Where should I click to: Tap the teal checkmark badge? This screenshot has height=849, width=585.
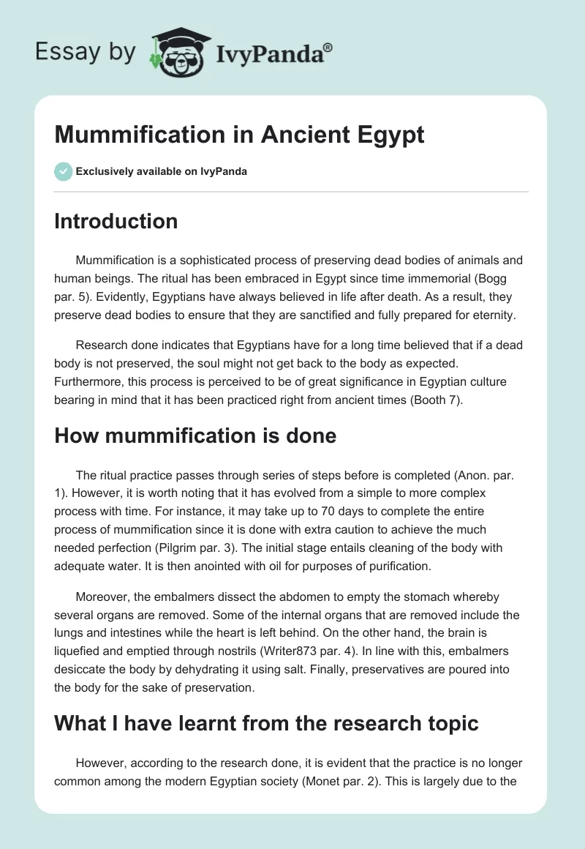(63, 171)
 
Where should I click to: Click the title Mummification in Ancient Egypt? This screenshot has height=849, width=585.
(239, 135)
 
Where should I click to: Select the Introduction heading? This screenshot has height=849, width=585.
(116, 221)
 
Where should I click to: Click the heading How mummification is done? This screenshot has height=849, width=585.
(195, 435)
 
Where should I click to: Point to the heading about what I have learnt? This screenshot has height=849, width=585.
(266, 723)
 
